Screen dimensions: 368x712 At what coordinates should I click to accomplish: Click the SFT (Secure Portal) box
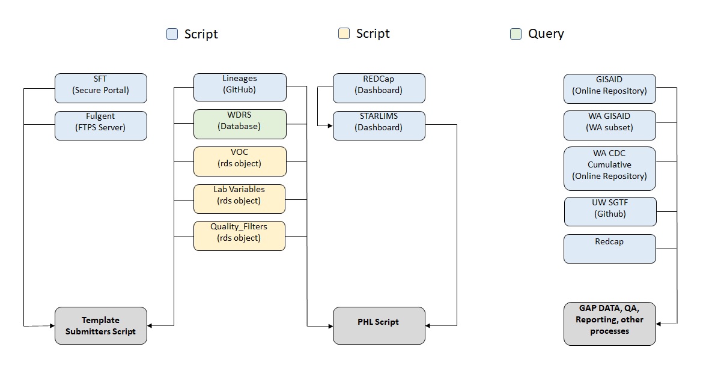[x=100, y=88]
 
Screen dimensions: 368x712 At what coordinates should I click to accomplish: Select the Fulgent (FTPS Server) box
[x=100, y=125]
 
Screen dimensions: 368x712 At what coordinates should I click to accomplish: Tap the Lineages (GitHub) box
[x=239, y=88]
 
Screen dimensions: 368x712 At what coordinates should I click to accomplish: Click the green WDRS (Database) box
[x=239, y=124]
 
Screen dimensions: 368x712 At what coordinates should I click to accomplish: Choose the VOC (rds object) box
[x=239, y=161]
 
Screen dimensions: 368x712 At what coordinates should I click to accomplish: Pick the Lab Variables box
[x=239, y=199]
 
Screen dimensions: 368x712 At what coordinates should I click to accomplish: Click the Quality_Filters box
[x=239, y=236]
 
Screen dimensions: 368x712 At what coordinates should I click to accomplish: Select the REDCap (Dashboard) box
[x=379, y=88]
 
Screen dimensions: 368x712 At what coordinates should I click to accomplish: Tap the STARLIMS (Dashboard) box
[x=379, y=125]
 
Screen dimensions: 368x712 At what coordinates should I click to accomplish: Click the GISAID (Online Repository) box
[x=609, y=88]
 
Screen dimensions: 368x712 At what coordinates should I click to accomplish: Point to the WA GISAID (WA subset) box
[x=609, y=125]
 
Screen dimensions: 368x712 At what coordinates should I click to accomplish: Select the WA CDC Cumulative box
[x=609, y=168]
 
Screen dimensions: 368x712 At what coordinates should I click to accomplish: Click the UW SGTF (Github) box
[x=609, y=211]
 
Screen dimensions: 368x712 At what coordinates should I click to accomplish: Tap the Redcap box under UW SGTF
[x=609, y=249]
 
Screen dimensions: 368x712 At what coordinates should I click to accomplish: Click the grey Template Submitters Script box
[x=100, y=325]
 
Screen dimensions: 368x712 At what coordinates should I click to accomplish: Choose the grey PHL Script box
[x=379, y=325]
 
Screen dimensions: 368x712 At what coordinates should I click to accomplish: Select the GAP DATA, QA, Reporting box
[x=609, y=324]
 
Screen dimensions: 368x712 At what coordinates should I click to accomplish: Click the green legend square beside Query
[x=516, y=34]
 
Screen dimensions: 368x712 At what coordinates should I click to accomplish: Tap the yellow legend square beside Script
[x=344, y=34]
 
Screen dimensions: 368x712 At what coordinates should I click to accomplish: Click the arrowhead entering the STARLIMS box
[x=330, y=125]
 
